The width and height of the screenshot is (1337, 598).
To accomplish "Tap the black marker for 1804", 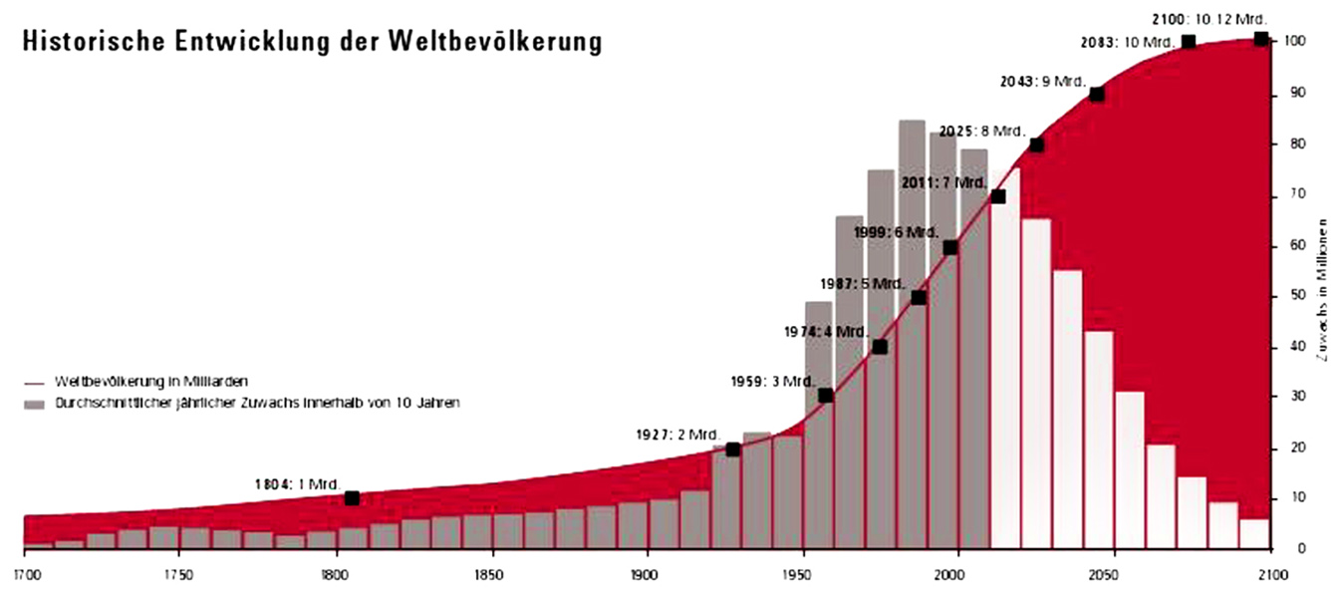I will tap(352, 498).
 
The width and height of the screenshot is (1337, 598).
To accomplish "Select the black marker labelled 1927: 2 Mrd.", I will tap(733, 449).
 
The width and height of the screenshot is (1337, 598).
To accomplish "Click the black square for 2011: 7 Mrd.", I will tap(998, 196).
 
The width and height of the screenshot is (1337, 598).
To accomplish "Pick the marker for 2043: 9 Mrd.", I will tap(1097, 95).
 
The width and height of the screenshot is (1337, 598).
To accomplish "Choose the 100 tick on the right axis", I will tap(1295, 41).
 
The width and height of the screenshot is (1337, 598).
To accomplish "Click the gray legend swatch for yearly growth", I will tap(35, 404).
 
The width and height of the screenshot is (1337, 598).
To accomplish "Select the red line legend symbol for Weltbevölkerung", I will tap(35, 382).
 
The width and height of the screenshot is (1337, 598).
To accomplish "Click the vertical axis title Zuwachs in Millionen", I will tap(1324, 289).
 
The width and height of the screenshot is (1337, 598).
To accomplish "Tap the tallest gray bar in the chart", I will tap(912, 329).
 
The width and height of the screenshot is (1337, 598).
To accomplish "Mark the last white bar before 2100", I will tap(1254, 533).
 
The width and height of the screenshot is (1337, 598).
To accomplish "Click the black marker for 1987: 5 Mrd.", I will tap(919, 297).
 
